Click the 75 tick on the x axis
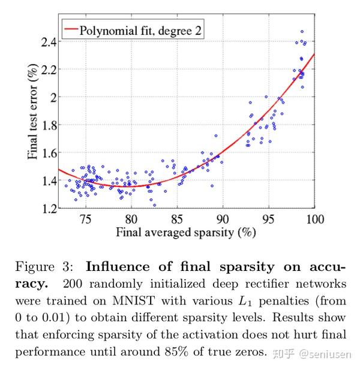point(86,219)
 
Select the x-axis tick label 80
point(131,219)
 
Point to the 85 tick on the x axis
point(178,219)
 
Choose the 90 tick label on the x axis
point(223,219)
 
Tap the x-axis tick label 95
point(269,219)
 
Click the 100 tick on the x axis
point(314,219)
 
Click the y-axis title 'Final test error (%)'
point(33,113)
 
